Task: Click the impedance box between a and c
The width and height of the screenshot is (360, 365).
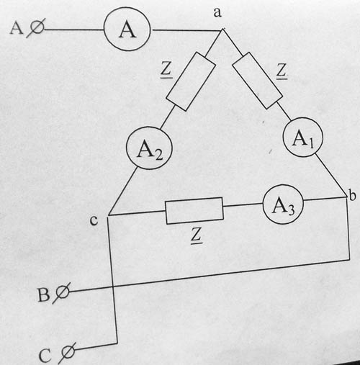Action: (191, 81)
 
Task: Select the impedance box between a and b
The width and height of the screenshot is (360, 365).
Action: (257, 81)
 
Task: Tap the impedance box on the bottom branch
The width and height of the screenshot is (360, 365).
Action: (194, 211)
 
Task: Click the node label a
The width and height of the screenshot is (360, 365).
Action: (217, 12)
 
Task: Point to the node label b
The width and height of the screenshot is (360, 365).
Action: (352, 195)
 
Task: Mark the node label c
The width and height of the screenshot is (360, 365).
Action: (94, 220)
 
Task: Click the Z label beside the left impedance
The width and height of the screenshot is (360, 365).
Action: (166, 71)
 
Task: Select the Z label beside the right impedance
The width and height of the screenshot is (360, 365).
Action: (282, 71)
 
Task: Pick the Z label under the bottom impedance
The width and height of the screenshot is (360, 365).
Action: (197, 235)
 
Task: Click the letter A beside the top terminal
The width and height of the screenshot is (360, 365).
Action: (17, 28)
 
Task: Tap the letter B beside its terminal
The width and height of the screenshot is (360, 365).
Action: (44, 294)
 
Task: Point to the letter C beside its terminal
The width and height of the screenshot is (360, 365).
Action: (45, 356)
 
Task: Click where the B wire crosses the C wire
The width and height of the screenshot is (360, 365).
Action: (113, 287)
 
